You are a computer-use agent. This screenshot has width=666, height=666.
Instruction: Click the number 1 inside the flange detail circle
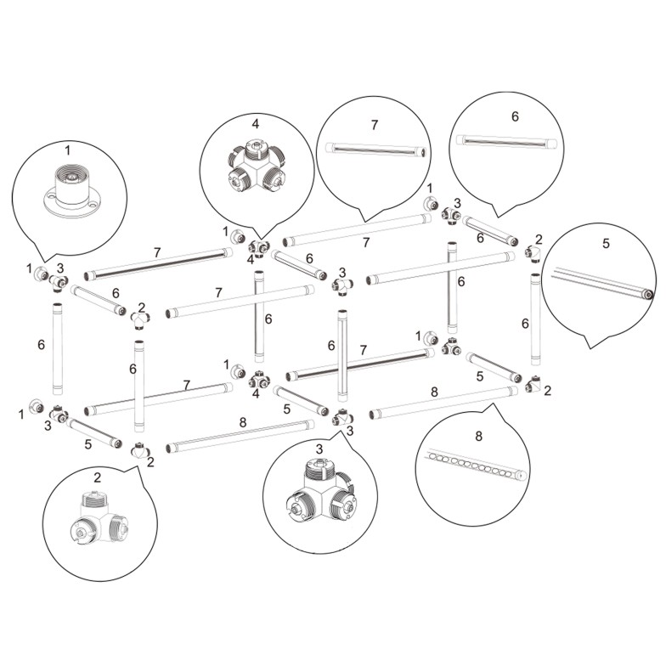coord(68,150)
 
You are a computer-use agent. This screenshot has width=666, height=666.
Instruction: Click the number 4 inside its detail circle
coord(255,124)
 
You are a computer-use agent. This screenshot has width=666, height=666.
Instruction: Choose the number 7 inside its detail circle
coord(374,125)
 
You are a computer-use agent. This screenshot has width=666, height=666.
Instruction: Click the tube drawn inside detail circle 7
coord(375,150)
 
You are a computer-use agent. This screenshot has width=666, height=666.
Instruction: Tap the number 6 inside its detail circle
coord(515,116)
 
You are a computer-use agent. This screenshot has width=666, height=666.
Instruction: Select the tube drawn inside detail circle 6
coord(506,141)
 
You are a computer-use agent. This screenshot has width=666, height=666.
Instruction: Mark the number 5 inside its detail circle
coord(606,243)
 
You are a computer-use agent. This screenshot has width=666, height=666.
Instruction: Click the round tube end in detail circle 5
coord(648,294)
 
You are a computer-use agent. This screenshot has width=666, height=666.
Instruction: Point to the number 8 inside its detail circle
coord(479,436)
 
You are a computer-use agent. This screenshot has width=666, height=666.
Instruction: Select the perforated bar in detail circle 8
coord(477,466)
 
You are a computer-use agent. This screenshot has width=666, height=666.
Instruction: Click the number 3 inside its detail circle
coord(319,449)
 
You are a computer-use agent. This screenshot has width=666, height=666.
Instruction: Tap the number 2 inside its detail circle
coord(97,477)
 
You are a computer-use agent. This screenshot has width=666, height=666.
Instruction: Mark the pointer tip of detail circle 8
coord(493,404)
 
